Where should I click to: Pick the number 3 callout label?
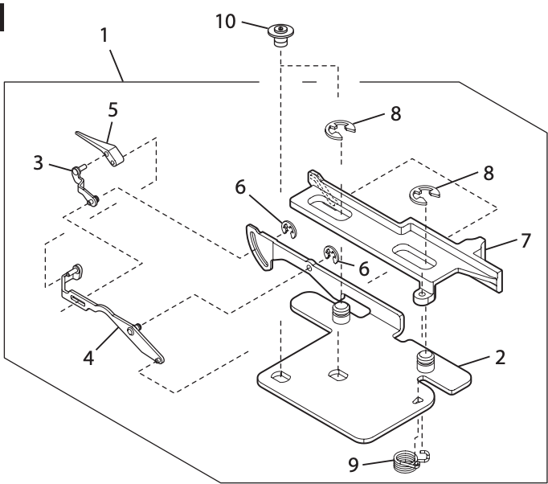click(39, 162)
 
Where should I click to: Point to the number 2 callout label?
click(500, 358)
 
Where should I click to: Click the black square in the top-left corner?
click(3, 12)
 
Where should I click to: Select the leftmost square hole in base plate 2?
click(280, 375)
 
